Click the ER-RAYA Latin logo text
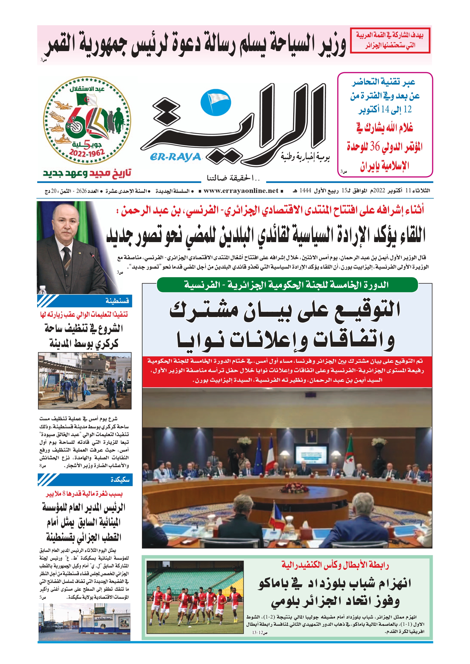tap(175, 157)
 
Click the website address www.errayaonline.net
tap(241, 190)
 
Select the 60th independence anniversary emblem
tap(87, 120)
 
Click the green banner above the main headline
tap(287, 285)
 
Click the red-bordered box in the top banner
tap(390, 40)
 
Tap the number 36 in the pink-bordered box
tap(374, 147)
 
